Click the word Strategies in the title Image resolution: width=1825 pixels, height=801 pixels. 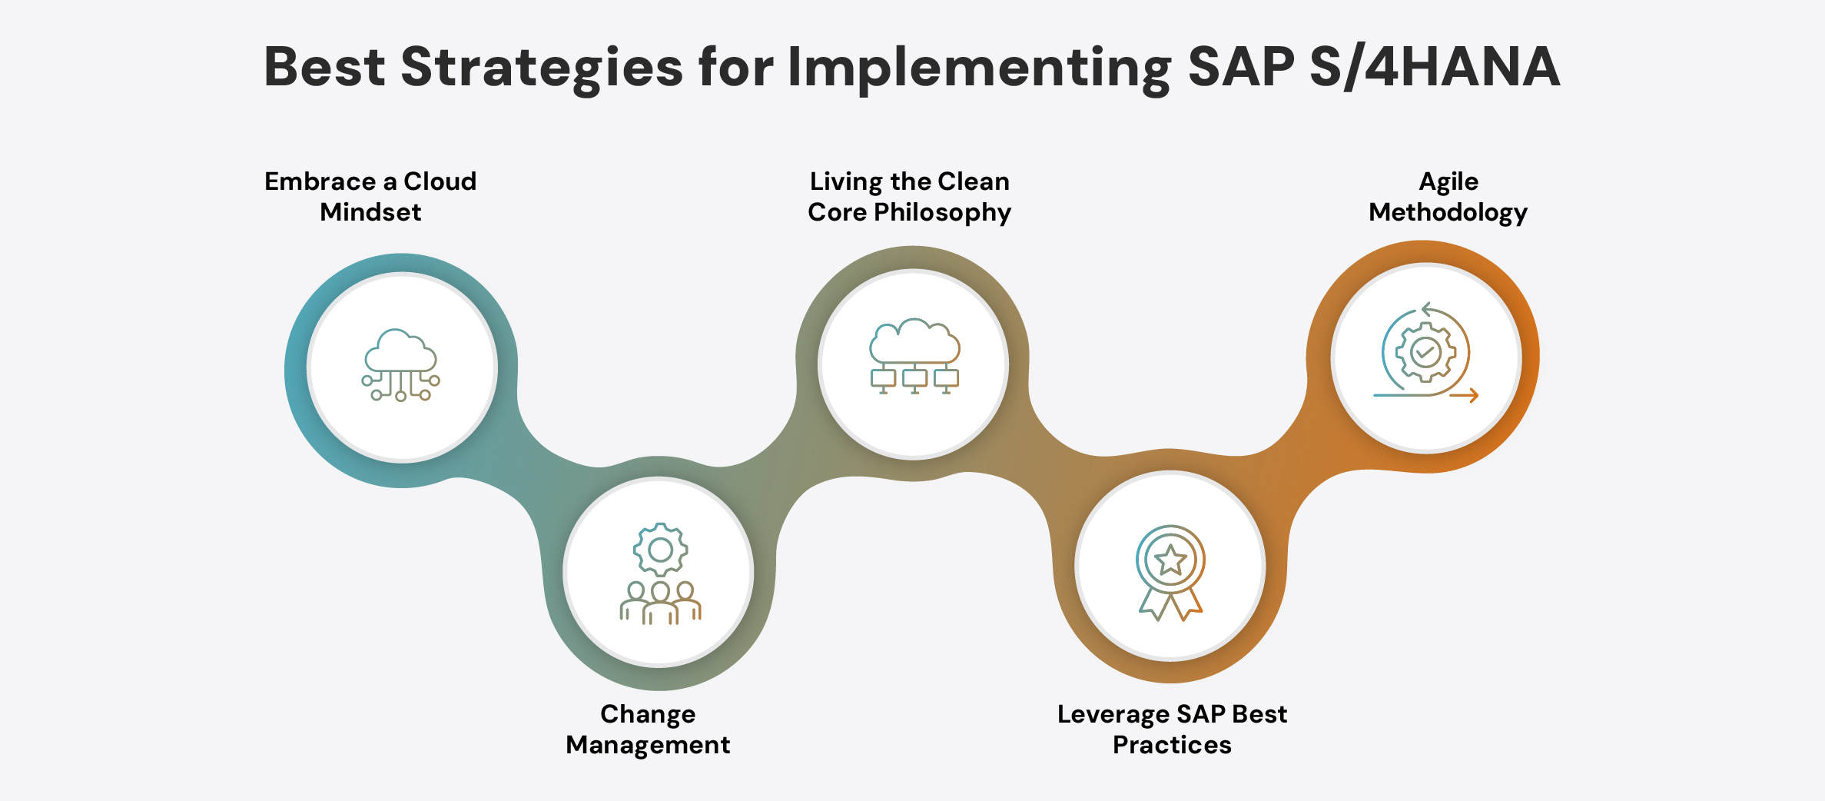point(541,68)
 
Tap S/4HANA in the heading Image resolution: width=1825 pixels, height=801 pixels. point(1434,68)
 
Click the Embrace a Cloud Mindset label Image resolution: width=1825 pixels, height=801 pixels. point(370,197)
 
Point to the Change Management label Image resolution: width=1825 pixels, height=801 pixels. point(648,730)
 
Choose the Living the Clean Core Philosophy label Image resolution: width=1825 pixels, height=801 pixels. point(909,197)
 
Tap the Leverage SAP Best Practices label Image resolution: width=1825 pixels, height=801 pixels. point(1172,730)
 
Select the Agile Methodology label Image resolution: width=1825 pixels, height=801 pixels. point(1448,197)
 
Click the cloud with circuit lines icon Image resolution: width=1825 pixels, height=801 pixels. point(401,365)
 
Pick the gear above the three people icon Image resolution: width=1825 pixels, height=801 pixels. point(660,550)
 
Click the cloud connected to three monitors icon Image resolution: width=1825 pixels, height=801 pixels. point(914,356)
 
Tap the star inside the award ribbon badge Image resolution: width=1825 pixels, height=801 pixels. point(1170,560)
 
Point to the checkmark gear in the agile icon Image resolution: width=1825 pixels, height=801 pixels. point(1425,352)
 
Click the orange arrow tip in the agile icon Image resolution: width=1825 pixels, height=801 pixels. point(1473,396)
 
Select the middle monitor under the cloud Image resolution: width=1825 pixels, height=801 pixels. point(914,378)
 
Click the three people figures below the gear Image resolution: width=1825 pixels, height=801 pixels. point(660,603)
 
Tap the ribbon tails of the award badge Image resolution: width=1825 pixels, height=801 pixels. point(1170,605)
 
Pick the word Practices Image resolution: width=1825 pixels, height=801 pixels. point(1172,745)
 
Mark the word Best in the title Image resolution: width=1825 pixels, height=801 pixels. point(324,68)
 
